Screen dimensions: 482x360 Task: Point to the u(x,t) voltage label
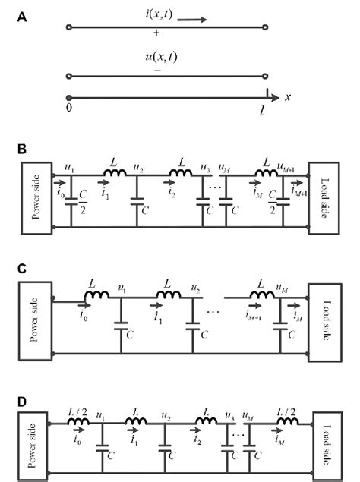[157, 58]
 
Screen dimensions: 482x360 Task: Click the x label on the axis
[288, 97]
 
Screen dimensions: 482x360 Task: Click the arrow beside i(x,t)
[193, 20]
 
